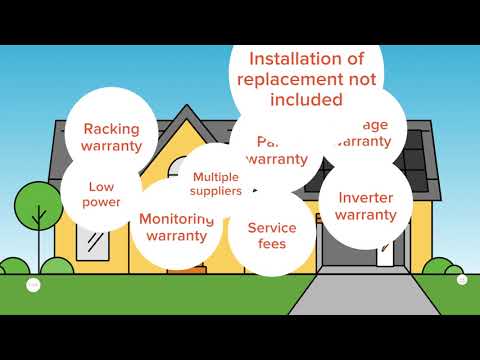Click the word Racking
[x=112, y=128]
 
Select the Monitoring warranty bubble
[x=177, y=227]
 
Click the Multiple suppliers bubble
[x=217, y=183]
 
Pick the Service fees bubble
[x=265, y=235]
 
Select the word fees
[x=265, y=244]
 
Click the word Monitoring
[x=177, y=219]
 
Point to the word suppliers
[x=217, y=190]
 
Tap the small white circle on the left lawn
[x=33, y=283]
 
